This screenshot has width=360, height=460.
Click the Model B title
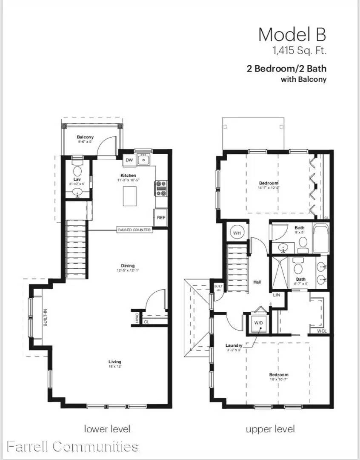tap(292, 34)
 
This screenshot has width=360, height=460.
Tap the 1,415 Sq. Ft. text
tap(299, 51)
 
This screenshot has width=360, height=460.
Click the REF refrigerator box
tap(161, 217)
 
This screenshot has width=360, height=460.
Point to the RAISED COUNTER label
tap(134, 230)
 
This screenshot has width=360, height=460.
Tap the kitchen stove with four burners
tap(161, 188)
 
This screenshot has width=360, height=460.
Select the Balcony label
tap(85, 137)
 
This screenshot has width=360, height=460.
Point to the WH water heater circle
tap(237, 233)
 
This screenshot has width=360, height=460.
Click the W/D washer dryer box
tap(259, 323)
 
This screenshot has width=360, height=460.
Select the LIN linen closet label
tap(277, 294)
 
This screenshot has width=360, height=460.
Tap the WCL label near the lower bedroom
tap(321, 331)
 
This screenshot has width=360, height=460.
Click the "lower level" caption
tap(107, 428)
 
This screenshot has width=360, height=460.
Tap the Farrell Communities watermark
tap(72, 446)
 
